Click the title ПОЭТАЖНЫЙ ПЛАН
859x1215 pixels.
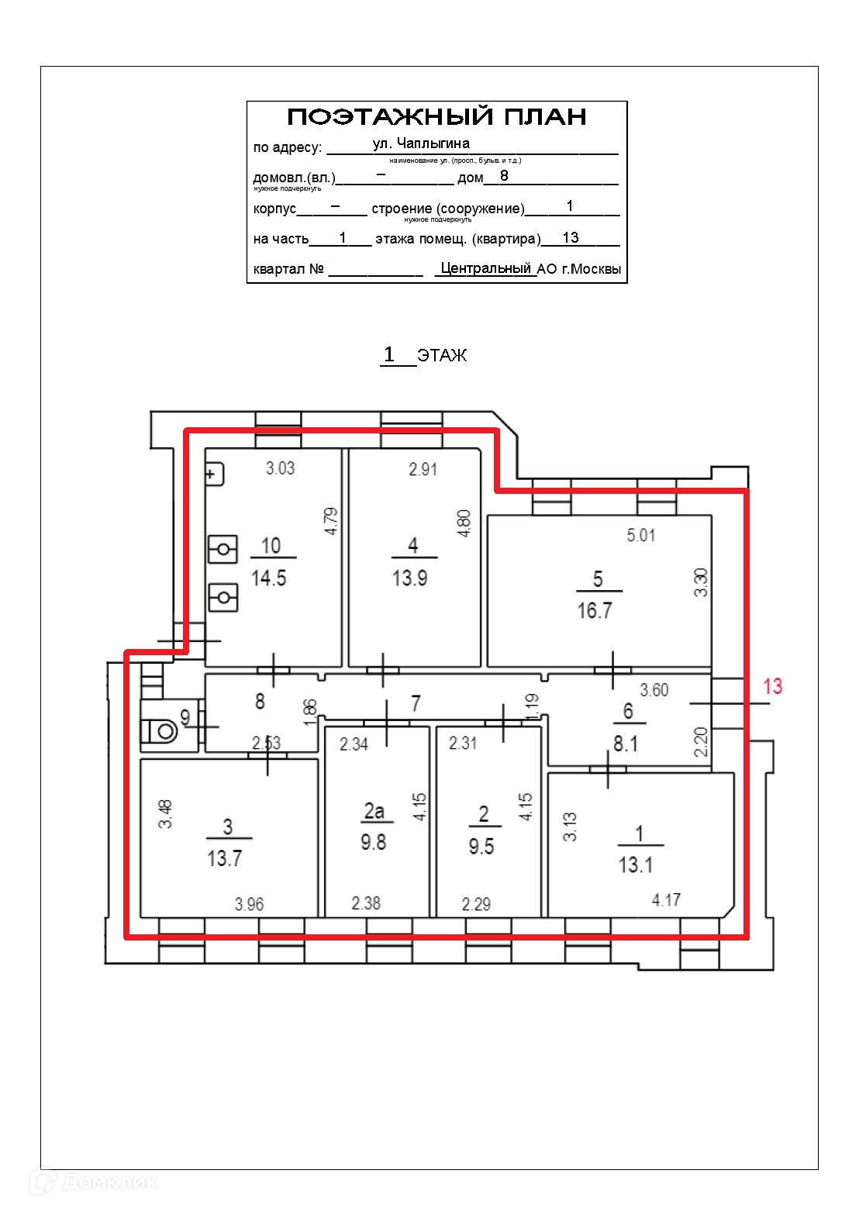pyautogui.click(x=436, y=117)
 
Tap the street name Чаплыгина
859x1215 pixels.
pyautogui.click(x=433, y=143)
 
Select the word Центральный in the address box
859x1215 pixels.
pyautogui.click(x=486, y=268)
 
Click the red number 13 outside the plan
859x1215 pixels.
pyautogui.click(x=772, y=686)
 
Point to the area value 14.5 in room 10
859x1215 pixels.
pyautogui.click(x=269, y=578)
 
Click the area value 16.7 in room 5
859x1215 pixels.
pyautogui.click(x=595, y=610)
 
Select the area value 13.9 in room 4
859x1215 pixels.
pyautogui.click(x=410, y=578)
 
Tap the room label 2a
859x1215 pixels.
pyautogui.click(x=374, y=811)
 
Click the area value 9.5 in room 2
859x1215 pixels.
pyautogui.click(x=481, y=846)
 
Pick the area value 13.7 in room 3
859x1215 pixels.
pyautogui.click(x=225, y=858)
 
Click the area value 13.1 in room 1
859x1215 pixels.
pyautogui.click(x=636, y=865)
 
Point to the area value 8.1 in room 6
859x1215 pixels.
pyautogui.click(x=626, y=744)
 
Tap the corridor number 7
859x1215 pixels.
pyautogui.click(x=416, y=703)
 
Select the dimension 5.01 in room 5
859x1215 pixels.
pyautogui.click(x=641, y=535)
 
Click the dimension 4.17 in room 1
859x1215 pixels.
pyautogui.click(x=666, y=900)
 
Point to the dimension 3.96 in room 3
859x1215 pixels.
pyautogui.click(x=249, y=904)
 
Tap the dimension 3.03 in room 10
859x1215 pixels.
pyautogui.click(x=280, y=468)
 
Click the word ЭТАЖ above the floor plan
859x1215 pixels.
pyautogui.click(x=443, y=356)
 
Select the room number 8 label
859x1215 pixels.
pyautogui.click(x=260, y=701)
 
